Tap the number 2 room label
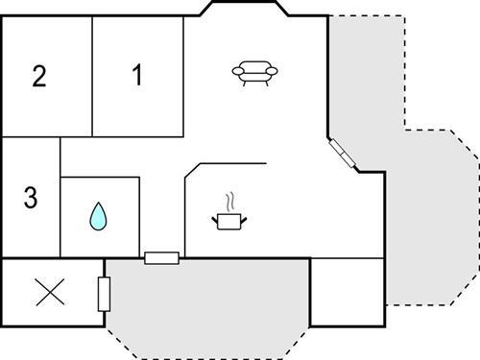pyautogui.click(x=38, y=76)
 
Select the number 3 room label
pyautogui.click(x=30, y=199)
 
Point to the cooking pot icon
pyautogui.click(x=229, y=222)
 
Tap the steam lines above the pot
pyautogui.click(x=229, y=203)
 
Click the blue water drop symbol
pyautogui.click(x=98, y=217)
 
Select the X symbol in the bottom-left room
pyautogui.click(x=46, y=293)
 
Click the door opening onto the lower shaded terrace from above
pyautogui.click(x=161, y=257)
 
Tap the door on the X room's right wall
pyautogui.click(x=104, y=293)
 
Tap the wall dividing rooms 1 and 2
pyautogui.click(x=92, y=77)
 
